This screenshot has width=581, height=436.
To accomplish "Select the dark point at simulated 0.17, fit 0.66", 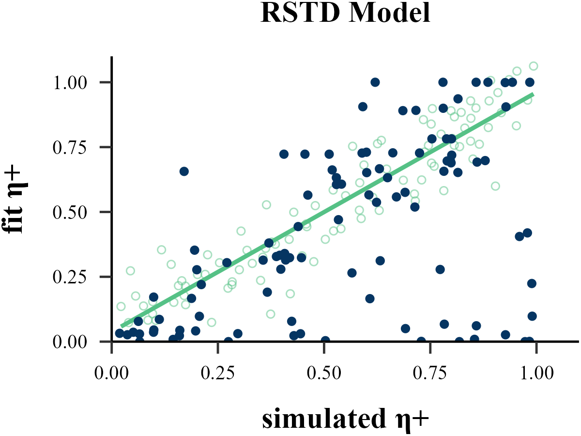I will [184, 171].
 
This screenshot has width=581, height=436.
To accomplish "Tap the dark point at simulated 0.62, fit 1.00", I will [375, 82].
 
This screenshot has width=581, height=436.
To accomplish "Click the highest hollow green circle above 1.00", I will [534, 66].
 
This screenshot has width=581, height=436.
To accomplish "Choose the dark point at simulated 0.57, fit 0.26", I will [352, 273].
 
